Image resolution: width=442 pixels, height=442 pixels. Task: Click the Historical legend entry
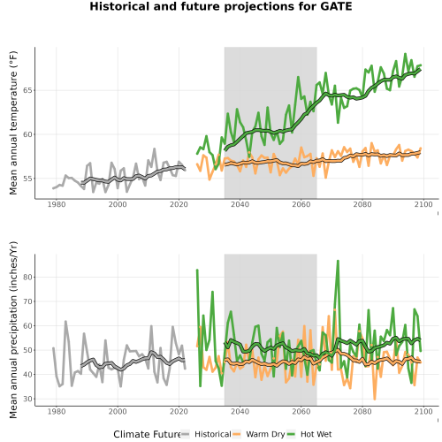[206, 434]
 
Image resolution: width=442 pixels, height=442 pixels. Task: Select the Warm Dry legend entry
[259, 434]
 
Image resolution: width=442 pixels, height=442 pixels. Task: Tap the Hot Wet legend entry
[309, 434]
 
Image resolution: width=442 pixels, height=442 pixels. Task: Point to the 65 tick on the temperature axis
[27, 90]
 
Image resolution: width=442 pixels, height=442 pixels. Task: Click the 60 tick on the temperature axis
[27, 134]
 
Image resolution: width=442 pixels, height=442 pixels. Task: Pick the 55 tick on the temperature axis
[27, 179]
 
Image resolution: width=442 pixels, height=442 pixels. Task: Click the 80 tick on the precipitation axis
[27, 277]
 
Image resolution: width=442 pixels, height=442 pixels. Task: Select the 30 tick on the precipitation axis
[27, 399]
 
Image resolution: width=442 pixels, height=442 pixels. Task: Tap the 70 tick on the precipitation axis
[27, 301]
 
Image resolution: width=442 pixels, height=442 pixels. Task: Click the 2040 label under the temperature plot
[240, 204]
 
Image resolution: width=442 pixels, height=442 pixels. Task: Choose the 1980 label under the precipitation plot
[57, 411]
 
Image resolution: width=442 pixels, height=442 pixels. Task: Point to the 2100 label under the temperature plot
[423, 204]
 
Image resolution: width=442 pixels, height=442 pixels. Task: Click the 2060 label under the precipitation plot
[301, 411]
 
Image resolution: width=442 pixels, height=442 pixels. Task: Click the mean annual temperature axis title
[13, 123]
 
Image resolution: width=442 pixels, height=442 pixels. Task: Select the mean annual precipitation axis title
[13, 330]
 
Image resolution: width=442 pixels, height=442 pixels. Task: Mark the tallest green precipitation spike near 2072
[338, 261]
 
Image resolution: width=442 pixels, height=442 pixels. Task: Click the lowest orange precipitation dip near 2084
[375, 400]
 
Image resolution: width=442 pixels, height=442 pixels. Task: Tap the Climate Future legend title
[147, 434]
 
